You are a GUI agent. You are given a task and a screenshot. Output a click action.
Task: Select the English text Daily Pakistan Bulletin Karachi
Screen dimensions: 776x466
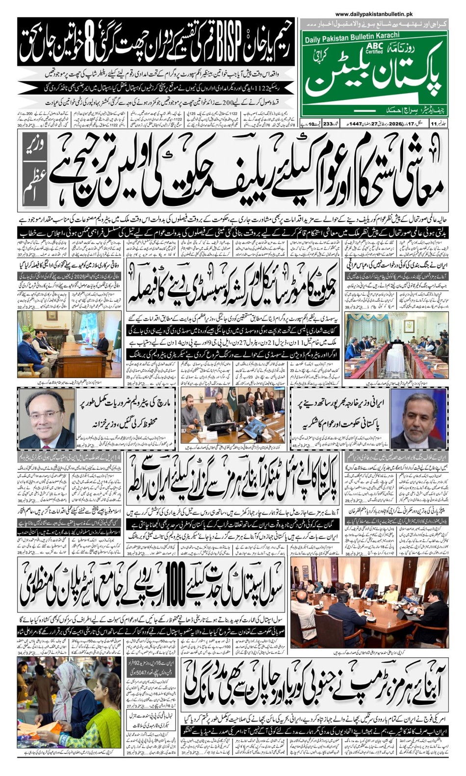pos(352,37)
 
